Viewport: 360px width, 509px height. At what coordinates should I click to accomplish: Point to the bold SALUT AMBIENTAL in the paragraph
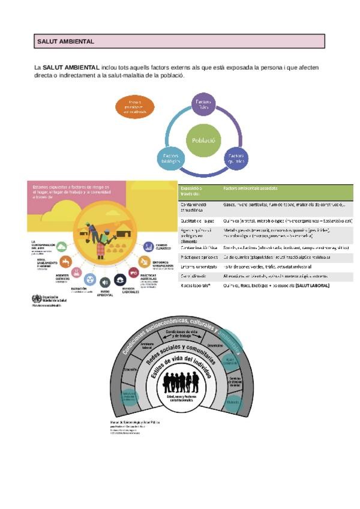pos(70,68)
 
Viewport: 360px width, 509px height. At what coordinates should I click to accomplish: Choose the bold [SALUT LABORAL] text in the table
pos(311,286)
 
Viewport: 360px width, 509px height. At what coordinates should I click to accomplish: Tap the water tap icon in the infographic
pos(65,262)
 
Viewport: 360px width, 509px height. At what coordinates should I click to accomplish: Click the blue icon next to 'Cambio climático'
pos(148,246)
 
